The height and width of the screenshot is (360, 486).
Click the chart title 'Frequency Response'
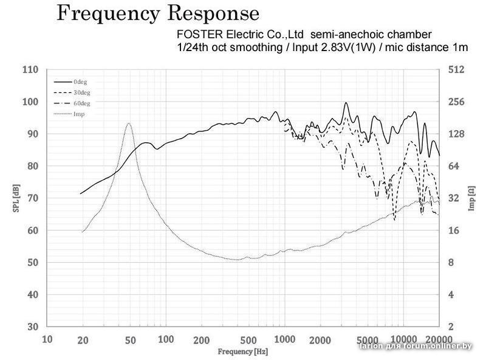[158, 14]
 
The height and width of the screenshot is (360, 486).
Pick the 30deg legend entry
[81, 92]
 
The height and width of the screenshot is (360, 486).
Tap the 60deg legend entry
[81, 103]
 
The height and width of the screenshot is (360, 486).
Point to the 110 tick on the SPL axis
[30, 70]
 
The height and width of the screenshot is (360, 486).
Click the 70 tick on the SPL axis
[32, 198]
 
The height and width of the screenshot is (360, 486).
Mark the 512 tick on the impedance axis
[456, 70]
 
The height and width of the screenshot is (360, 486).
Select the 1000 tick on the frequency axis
[284, 340]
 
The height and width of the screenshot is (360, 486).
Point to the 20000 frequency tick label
[438, 340]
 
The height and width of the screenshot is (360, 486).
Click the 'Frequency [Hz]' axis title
[243, 351]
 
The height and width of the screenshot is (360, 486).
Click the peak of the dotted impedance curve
[129, 123]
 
